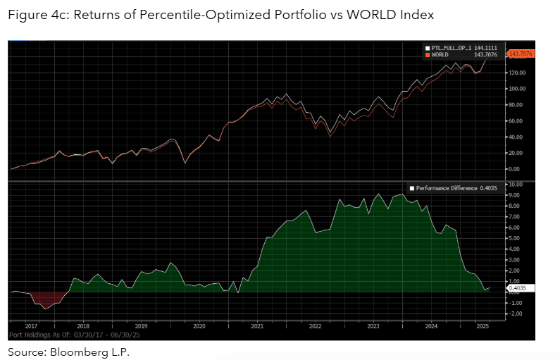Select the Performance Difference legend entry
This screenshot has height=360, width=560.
click(443, 189)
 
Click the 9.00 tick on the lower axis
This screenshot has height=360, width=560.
click(515, 195)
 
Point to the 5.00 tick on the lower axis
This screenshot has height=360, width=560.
click(515, 238)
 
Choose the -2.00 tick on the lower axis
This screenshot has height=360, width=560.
click(515, 314)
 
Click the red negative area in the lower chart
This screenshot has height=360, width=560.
click(46, 299)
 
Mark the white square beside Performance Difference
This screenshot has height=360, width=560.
click(412, 189)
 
